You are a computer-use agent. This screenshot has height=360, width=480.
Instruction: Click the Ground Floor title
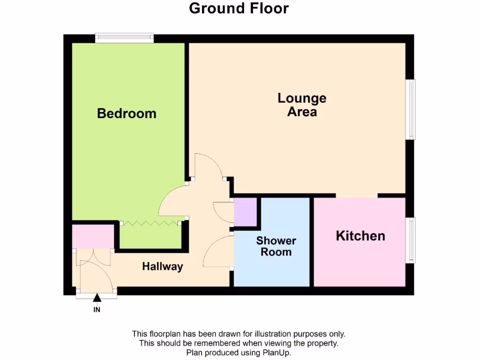point(239,8)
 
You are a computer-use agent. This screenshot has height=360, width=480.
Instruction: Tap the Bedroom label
point(127,113)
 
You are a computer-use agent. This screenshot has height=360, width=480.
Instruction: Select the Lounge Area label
point(302,105)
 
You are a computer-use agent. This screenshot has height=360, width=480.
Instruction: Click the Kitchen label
point(360,236)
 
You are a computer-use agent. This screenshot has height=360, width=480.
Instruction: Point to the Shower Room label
point(276,247)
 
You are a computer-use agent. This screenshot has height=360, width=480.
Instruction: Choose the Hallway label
point(162,267)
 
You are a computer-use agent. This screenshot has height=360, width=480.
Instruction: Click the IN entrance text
point(97,310)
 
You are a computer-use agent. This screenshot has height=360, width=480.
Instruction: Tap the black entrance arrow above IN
point(97,298)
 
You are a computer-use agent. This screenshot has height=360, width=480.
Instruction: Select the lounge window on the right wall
point(411,109)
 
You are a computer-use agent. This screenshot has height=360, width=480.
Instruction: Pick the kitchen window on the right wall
point(411,240)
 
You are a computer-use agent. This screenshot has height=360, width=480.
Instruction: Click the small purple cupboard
point(245,212)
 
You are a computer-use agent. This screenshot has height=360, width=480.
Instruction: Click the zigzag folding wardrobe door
point(153,222)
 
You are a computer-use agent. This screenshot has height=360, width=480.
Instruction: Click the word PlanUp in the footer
point(278,352)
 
